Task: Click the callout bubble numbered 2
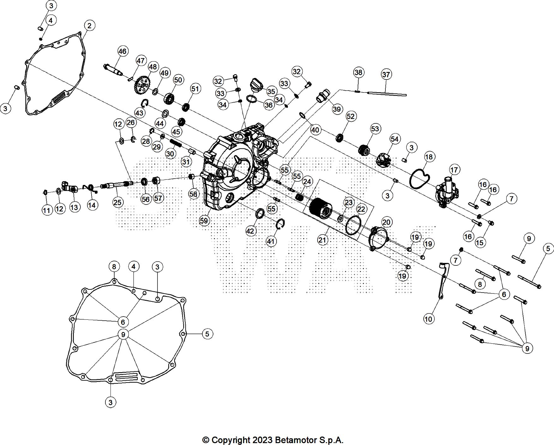[x=89, y=26]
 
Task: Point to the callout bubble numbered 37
[x=386, y=74]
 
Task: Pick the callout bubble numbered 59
[x=204, y=221]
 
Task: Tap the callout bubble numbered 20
[x=386, y=222]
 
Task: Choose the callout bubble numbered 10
[x=428, y=319]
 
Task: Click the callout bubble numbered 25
[x=117, y=202]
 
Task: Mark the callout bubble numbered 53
[x=375, y=129]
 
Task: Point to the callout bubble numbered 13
[x=74, y=207]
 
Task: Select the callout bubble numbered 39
[x=337, y=109]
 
